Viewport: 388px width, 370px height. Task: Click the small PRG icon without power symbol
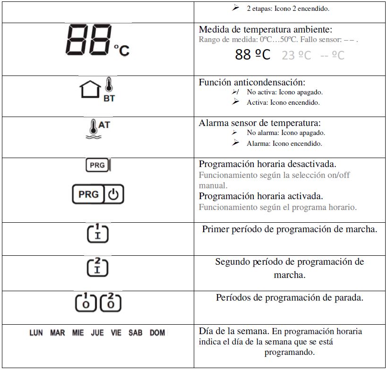coord(97,166)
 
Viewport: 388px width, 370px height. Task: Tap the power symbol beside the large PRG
coord(114,194)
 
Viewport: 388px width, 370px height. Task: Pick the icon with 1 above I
coord(98,234)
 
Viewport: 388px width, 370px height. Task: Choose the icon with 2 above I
coord(98,267)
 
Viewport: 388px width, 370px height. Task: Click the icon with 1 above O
coord(86,302)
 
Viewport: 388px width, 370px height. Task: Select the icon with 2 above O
coord(110,302)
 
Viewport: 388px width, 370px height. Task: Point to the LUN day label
coord(36,333)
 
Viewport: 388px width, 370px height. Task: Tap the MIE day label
coord(78,333)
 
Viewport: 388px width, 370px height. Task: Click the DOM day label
coord(157,333)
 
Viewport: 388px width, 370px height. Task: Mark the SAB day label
coord(135,333)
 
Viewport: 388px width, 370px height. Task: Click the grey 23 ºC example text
coord(296,55)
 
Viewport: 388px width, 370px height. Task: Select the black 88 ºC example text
coord(253,55)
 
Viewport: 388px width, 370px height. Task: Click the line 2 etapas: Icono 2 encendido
coord(288,8)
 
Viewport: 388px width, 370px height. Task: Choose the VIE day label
coord(116,333)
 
